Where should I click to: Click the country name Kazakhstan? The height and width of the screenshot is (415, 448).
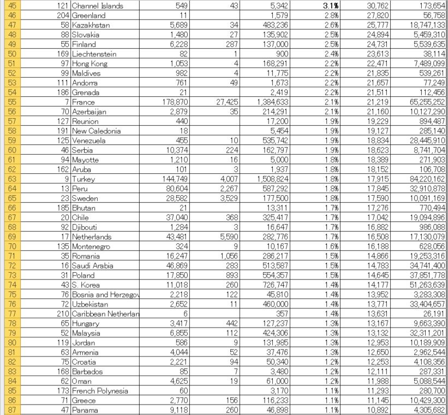(91, 25)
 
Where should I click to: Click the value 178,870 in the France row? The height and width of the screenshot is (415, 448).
(175, 102)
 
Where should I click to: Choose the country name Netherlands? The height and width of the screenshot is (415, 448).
(91, 237)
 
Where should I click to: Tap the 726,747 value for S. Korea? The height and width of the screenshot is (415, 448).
(276, 285)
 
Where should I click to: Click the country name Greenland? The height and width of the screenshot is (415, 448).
(88, 16)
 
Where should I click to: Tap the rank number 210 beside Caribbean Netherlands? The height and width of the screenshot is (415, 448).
(63, 314)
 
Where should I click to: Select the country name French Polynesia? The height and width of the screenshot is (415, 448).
(100, 390)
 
